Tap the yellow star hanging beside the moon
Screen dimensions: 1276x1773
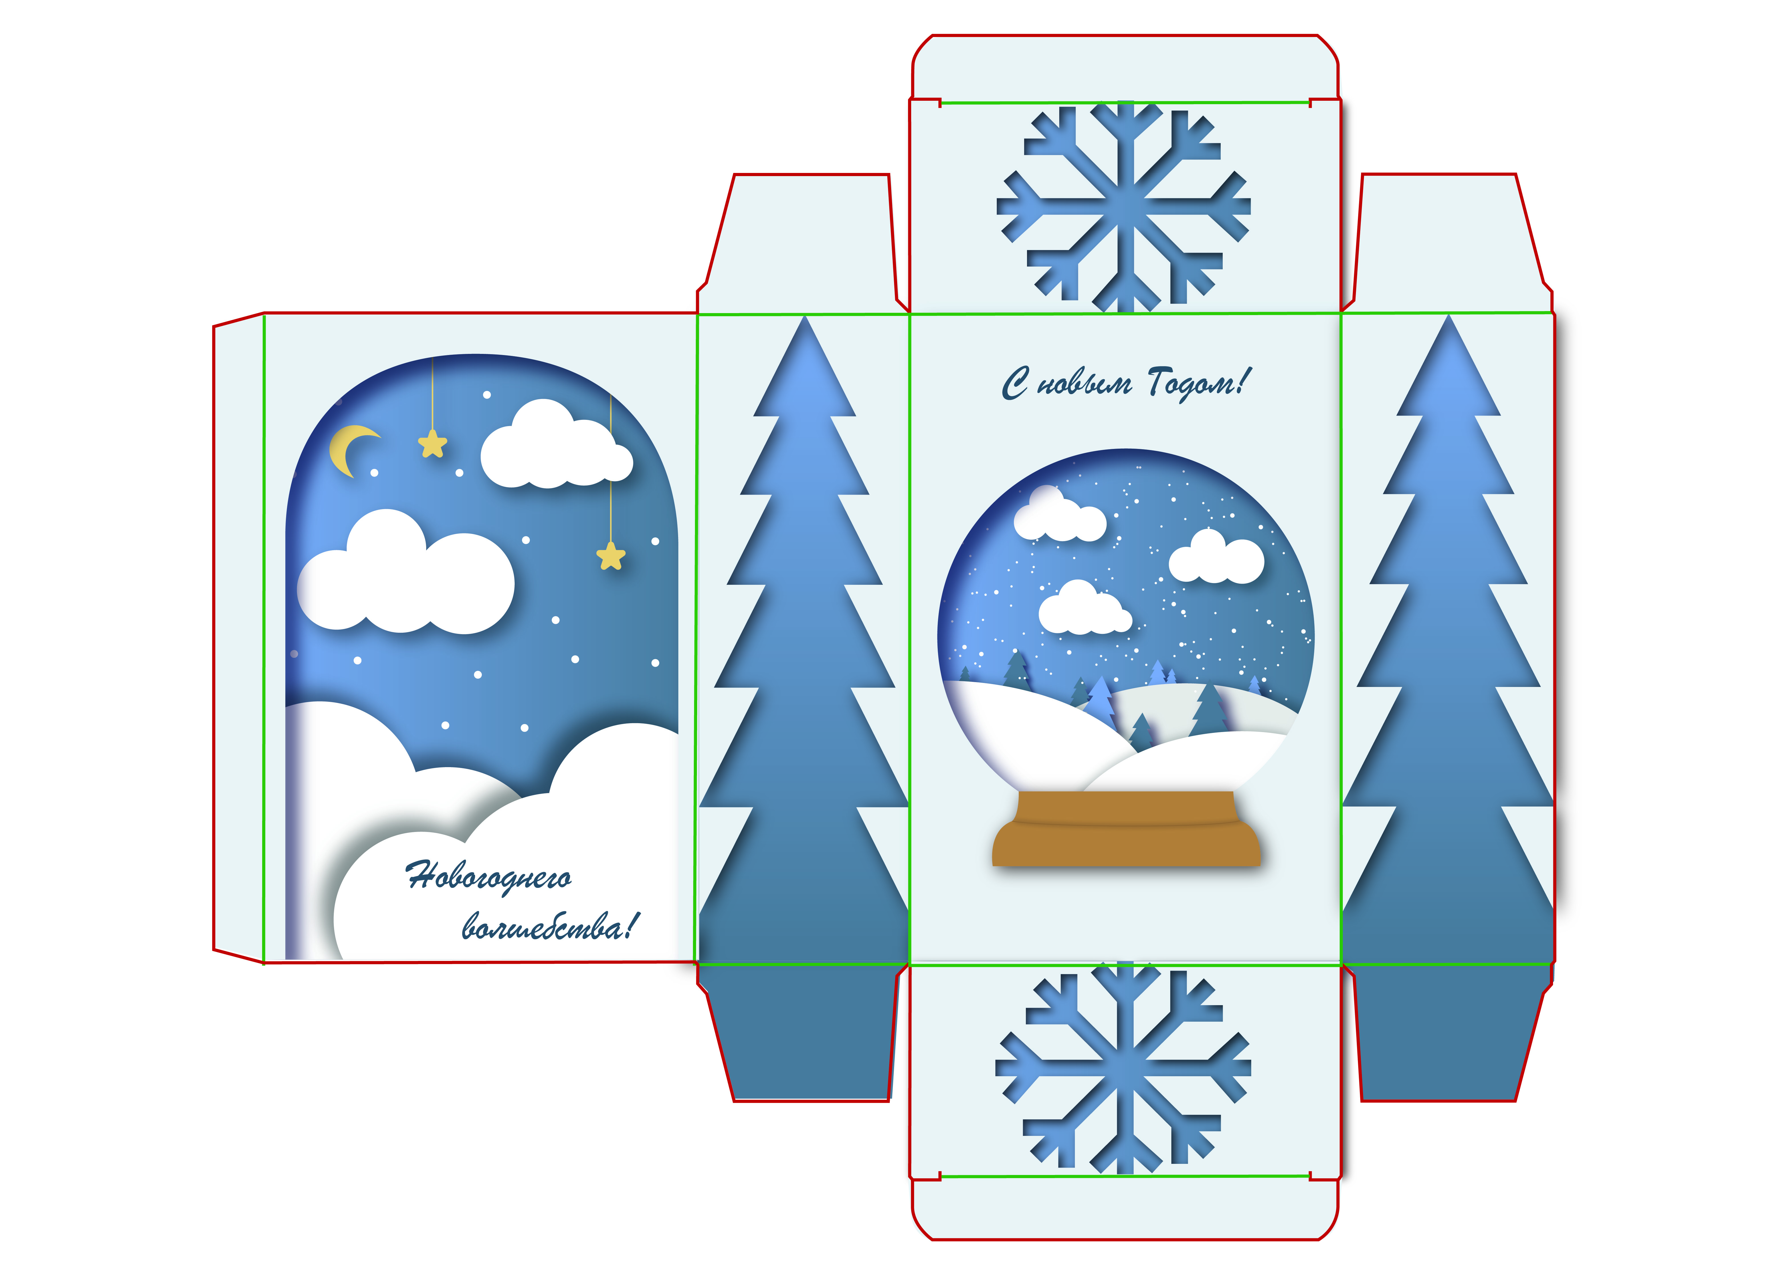pyautogui.click(x=432, y=444)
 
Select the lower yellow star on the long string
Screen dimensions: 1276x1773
pyautogui.click(x=610, y=557)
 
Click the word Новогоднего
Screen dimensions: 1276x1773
pyautogui.click(x=489, y=877)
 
